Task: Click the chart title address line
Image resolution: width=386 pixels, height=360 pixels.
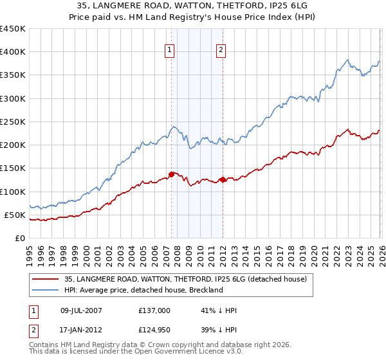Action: pyautogui.click(x=193, y=6)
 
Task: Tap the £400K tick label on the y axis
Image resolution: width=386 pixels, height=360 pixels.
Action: pyautogui.click(x=13, y=52)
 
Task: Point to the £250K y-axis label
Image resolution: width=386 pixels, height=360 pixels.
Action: pyautogui.click(x=13, y=122)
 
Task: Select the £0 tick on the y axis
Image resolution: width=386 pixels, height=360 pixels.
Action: pyautogui.click(x=20, y=238)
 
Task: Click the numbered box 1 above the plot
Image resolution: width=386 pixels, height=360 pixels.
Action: pyautogui.click(x=170, y=51)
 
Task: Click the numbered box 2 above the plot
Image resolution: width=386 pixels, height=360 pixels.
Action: pyautogui.click(x=221, y=51)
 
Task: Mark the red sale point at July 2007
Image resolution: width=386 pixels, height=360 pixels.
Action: pyautogui.click(x=171, y=174)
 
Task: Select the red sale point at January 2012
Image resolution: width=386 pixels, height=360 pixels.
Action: pyautogui.click(x=223, y=179)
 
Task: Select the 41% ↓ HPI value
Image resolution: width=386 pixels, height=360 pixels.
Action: pyautogui.click(x=219, y=310)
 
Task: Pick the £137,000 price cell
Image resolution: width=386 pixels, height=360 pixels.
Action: pyautogui.click(x=154, y=310)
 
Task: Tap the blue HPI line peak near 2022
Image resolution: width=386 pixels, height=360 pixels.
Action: pyautogui.click(x=347, y=60)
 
